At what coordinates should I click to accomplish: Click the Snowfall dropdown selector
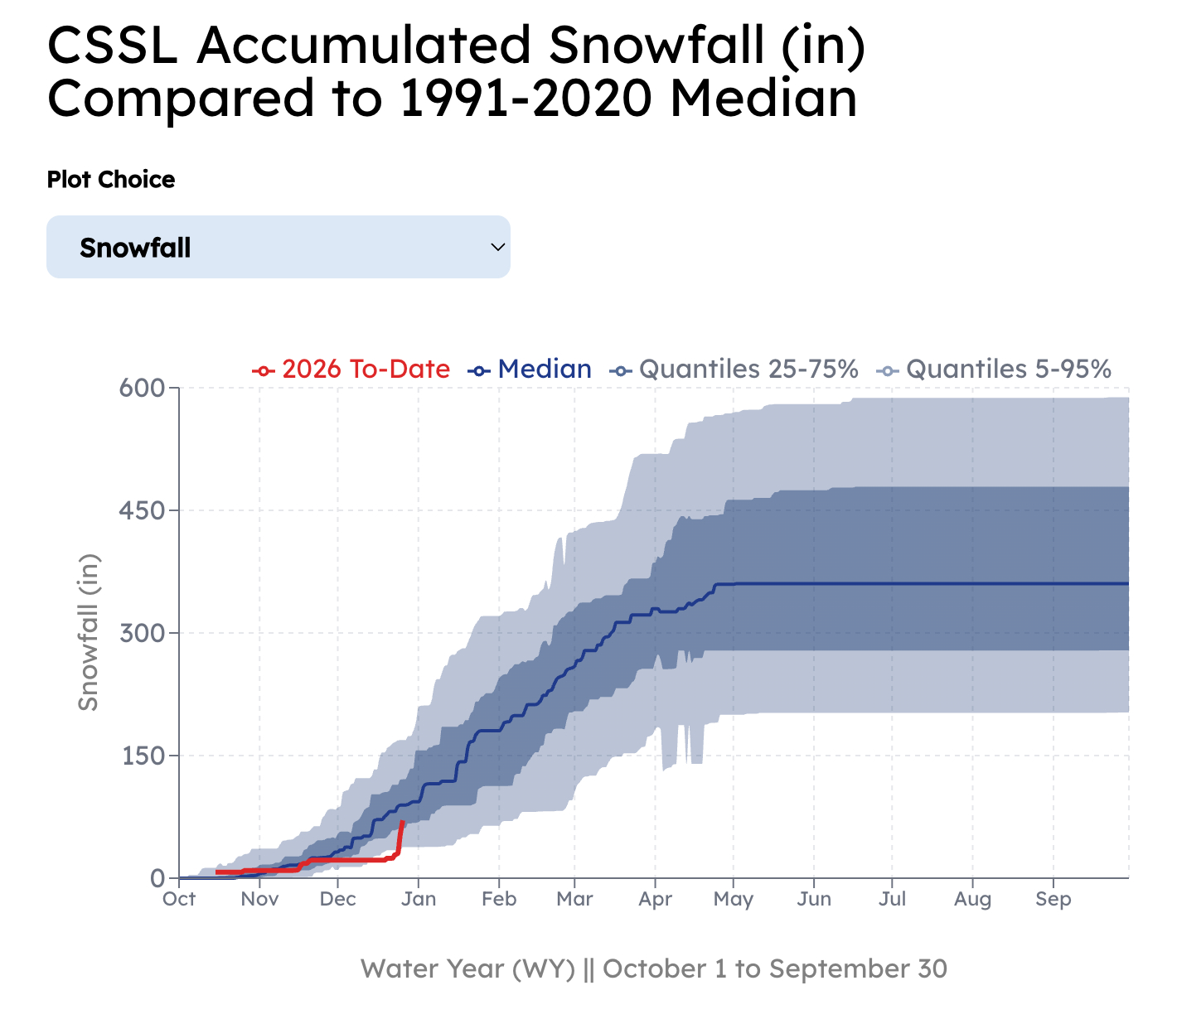(x=278, y=247)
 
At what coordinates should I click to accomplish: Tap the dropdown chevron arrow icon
(x=498, y=247)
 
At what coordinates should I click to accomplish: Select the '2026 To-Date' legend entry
(x=351, y=370)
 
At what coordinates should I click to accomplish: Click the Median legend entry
(x=530, y=370)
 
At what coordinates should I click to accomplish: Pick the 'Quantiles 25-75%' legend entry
(x=734, y=370)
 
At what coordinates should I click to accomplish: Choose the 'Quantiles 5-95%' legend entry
(x=994, y=370)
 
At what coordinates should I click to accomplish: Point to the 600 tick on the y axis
(x=142, y=388)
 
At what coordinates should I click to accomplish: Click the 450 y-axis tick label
(x=142, y=510)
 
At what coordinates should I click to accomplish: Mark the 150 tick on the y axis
(x=142, y=756)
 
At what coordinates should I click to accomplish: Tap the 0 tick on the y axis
(x=157, y=878)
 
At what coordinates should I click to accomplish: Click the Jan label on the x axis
(x=419, y=900)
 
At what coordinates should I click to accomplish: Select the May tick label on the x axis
(x=733, y=900)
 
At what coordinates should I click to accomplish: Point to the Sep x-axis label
(x=1053, y=900)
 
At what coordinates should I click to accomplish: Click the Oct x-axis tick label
(x=179, y=900)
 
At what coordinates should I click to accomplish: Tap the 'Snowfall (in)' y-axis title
(x=88, y=632)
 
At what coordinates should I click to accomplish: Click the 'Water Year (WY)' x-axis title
(x=468, y=968)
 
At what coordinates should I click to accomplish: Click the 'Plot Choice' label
(x=111, y=180)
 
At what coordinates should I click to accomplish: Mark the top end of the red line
(x=403, y=822)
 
